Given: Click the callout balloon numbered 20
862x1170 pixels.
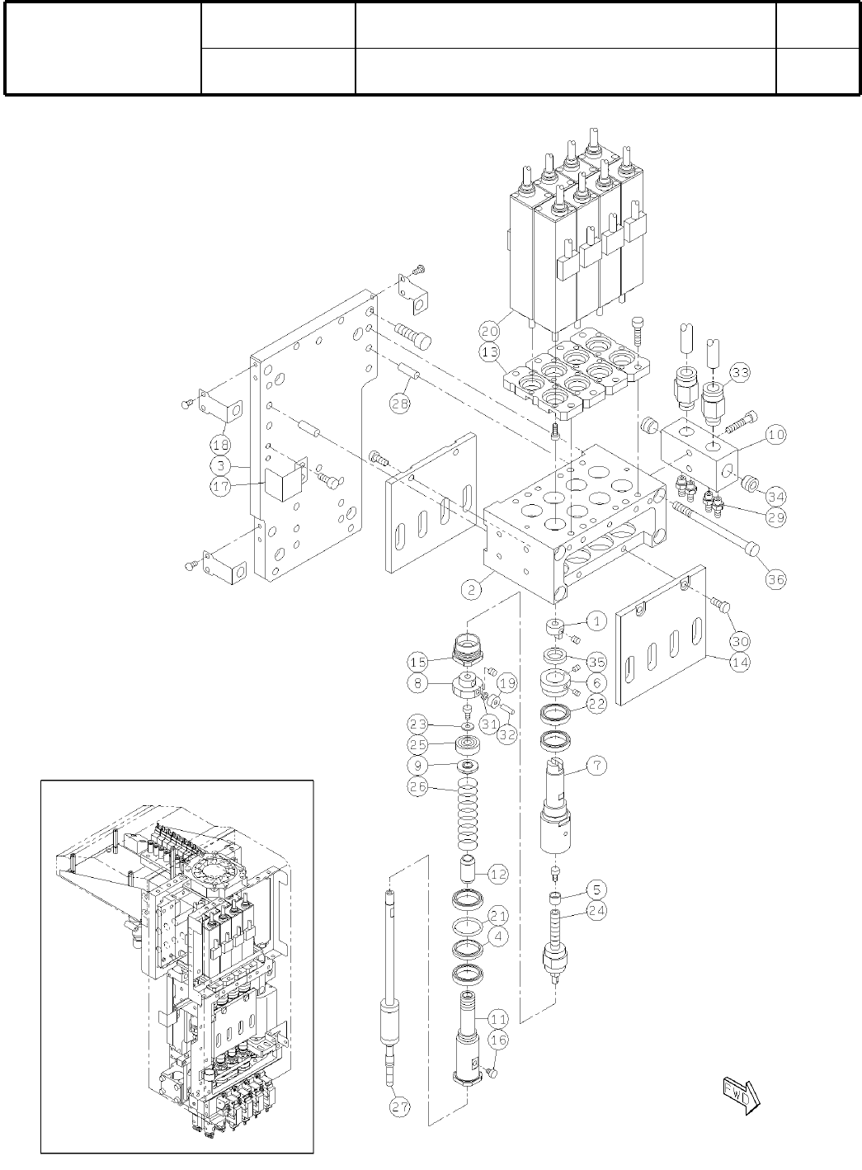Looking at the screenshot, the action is pos(490,331).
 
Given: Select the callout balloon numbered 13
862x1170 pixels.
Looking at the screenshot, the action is pos(490,353).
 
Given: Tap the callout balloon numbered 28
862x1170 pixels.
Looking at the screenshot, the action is pos(401,405).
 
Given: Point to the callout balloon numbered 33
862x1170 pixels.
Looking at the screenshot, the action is pos(740,373).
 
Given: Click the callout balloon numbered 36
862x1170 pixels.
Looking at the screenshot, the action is pos(775,579).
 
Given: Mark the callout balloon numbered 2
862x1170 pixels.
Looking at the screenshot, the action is pos(471,589).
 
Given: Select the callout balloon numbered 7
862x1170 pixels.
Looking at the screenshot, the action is pos(596,765).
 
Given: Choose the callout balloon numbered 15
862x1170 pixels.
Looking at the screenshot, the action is pos(418,661).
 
